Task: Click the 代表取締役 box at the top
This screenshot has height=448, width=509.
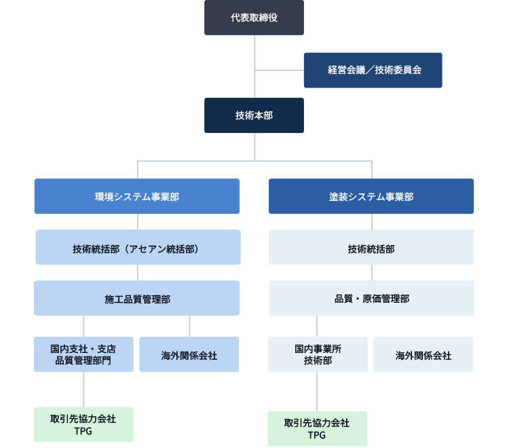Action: point(254,18)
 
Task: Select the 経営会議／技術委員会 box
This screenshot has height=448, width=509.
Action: point(373,70)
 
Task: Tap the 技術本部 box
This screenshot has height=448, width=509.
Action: point(254,115)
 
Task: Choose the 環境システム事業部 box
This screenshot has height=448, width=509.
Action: point(137,196)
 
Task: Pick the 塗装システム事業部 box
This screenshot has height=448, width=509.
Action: point(371,196)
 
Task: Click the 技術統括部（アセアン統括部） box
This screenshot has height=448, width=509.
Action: point(137,248)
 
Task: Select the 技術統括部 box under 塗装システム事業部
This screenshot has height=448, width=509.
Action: point(371,248)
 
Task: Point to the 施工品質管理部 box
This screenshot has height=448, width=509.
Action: point(137,299)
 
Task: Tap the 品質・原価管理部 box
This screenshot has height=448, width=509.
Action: point(371,299)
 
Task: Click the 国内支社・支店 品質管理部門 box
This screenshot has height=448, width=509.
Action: point(83,354)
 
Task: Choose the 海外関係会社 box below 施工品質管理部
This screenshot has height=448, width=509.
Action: point(189,354)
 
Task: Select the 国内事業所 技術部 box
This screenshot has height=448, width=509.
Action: point(318,354)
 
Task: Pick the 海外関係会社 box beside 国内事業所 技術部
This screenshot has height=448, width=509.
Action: point(423,354)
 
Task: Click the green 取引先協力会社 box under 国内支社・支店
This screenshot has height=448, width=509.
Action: point(83,425)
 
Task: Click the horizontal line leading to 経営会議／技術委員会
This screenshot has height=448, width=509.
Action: point(280,70)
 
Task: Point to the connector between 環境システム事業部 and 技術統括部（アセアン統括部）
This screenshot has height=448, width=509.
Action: point(138,221)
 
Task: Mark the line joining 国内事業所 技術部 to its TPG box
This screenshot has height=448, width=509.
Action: point(316,391)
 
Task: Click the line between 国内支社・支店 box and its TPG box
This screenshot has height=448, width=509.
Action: point(84,389)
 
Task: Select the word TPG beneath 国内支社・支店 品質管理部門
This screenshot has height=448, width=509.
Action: point(83,431)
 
